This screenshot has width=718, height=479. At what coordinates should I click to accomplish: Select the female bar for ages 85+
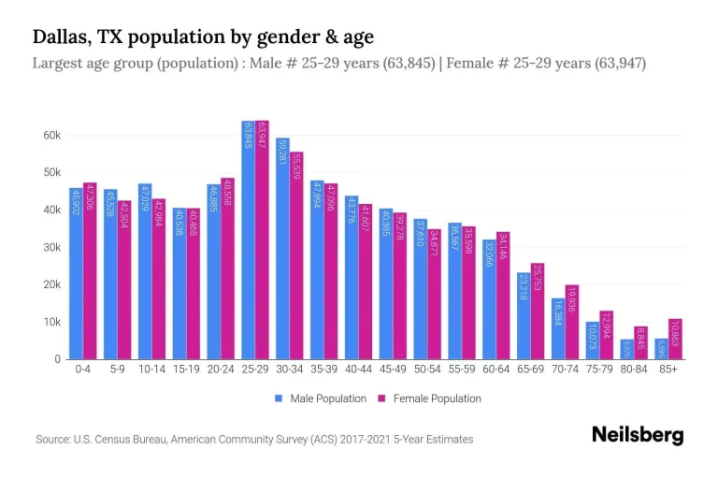(675, 339)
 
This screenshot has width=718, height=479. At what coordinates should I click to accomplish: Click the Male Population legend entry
(321, 399)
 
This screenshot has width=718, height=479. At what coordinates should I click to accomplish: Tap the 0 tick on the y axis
(58, 359)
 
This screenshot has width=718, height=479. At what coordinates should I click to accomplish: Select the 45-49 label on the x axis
(393, 370)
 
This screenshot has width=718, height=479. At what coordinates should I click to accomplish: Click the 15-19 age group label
(186, 370)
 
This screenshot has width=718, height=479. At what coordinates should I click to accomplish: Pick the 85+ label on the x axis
(668, 370)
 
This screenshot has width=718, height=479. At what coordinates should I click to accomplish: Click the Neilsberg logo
(638, 435)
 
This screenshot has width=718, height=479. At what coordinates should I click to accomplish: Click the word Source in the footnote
(55, 439)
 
